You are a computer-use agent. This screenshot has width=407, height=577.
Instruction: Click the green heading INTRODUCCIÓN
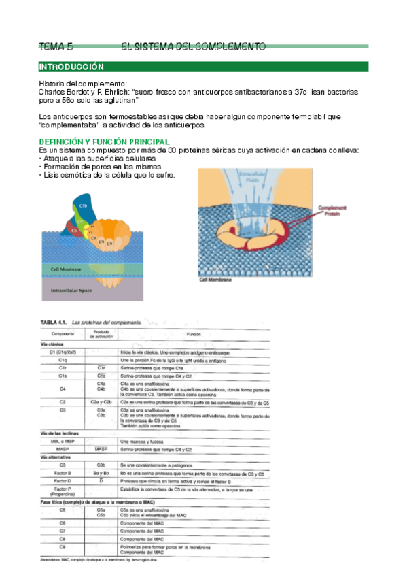pos(71,67)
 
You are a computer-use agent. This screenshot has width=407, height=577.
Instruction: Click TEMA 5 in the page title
pos(56,46)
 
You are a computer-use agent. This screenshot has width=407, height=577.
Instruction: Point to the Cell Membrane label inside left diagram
pos(66,269)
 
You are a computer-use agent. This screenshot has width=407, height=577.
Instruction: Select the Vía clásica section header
pos(52,345)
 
